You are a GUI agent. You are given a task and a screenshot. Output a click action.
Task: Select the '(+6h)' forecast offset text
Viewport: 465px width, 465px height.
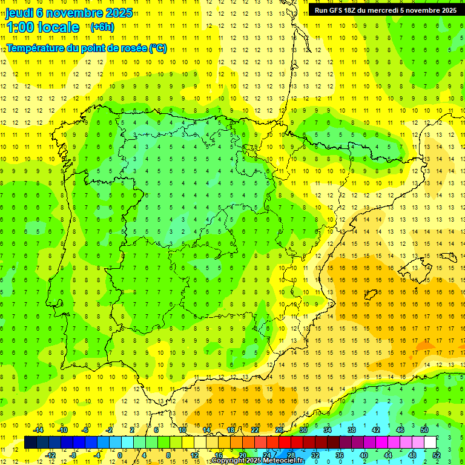click(x=102, y=27)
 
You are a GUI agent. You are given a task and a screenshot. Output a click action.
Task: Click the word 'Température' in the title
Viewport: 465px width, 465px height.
click(x=35, y=48)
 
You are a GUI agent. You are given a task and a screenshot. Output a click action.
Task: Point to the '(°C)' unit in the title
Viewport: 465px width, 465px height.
click(x=158, y=48)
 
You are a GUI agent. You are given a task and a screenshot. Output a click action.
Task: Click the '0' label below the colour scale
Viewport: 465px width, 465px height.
click(x=119, y=455)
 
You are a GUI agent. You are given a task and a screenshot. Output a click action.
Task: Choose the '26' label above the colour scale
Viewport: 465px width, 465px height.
click(x=279, y=430)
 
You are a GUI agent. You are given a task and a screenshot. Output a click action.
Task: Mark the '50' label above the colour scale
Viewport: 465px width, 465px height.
click(x=424, y=430)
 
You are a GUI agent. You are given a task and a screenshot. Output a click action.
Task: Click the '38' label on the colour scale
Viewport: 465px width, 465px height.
click(x=351, y=430)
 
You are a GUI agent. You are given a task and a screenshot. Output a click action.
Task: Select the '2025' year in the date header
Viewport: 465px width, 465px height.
click(x=112, y=13)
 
